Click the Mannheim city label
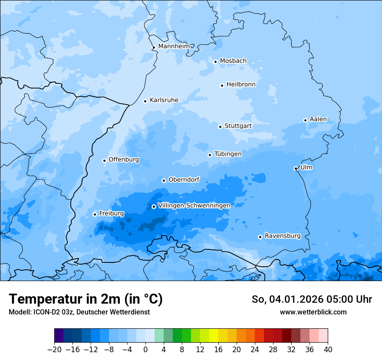click(174, 46)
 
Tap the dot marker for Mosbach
click(215, 62)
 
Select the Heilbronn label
click(241, 85)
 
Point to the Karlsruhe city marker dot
click(145, 101)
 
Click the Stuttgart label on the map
click(238, 126)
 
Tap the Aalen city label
click(318, 119)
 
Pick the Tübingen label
click(228, 154)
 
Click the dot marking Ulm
click(296, 168)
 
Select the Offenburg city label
click(124, 160)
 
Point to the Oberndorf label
click(184, 180)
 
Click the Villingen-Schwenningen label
click(194, 205)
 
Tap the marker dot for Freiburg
click(95, 214)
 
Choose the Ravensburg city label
click(283, 236)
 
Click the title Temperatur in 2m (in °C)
click(86, 299)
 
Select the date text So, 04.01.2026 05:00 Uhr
click(312, 299)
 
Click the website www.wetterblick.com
click(313, 312)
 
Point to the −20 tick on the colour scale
click(54, 350)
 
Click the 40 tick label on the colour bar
click(328, 350)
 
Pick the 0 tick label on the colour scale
click(145, 350)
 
